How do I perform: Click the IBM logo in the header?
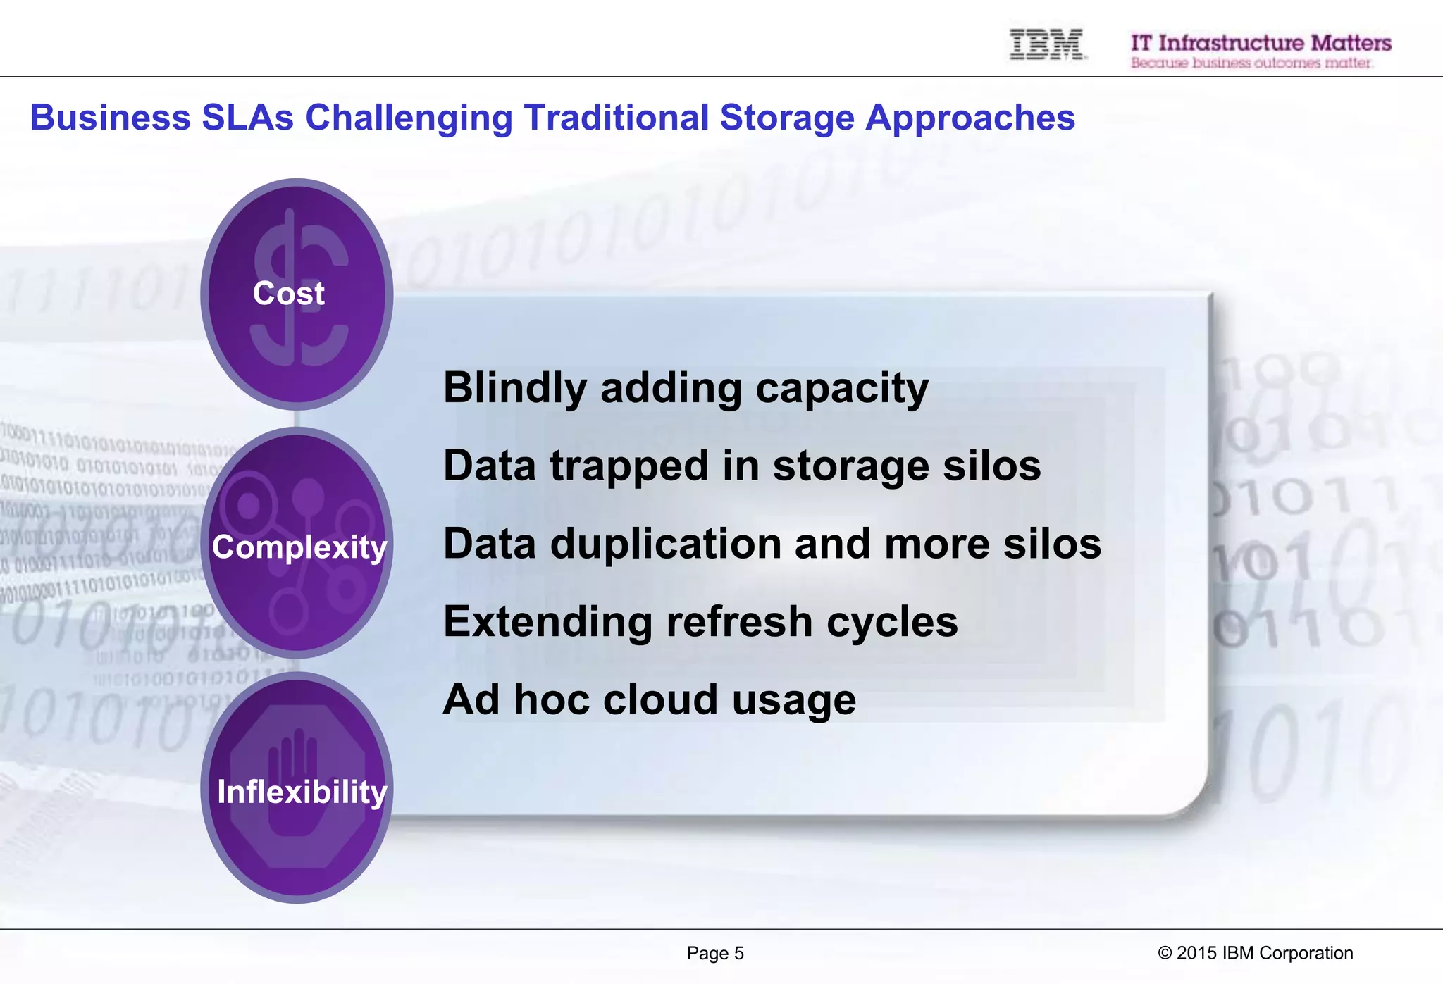1047,44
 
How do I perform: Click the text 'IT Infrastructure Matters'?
1261,42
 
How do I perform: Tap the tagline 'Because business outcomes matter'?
1251,63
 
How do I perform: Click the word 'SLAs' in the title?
247,118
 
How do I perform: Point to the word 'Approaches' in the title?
970,118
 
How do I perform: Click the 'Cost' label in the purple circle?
288,293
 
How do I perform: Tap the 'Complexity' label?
299,547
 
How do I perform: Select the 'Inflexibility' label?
302,792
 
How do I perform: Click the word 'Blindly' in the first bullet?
515,389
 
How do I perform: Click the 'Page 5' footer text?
714,953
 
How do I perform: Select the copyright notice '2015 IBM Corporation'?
1264,953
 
